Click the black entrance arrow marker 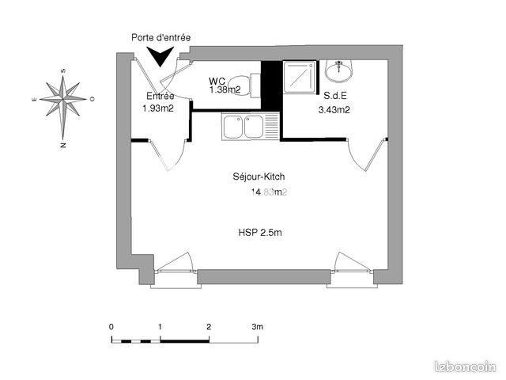pos(160,55)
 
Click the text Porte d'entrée pos(160,37)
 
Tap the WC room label pos(217,81)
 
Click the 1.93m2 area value pos(158,108)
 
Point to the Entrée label pos(160,96)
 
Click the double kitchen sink pos(245,126)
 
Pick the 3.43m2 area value pos(334,110)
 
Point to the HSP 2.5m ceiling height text pos(260,233)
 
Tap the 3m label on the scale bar pos(257,326)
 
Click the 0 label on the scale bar pos(111,326)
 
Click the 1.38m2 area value pos(225,90)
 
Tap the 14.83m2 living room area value pos(269,192)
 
